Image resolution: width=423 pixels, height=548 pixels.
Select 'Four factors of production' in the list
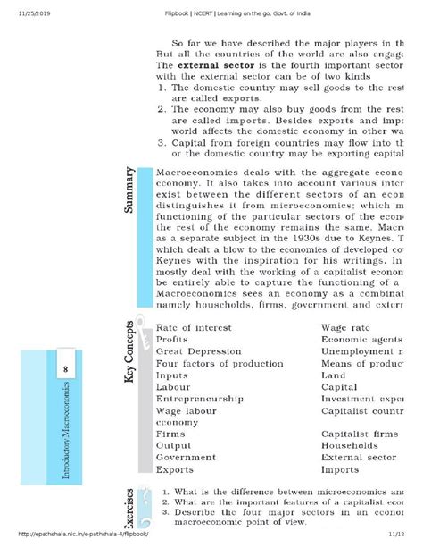[x=219, y=363]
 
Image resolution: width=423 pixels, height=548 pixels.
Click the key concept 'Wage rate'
[x=349, y=326]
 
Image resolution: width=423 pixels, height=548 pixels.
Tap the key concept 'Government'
[x=186, y=456]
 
